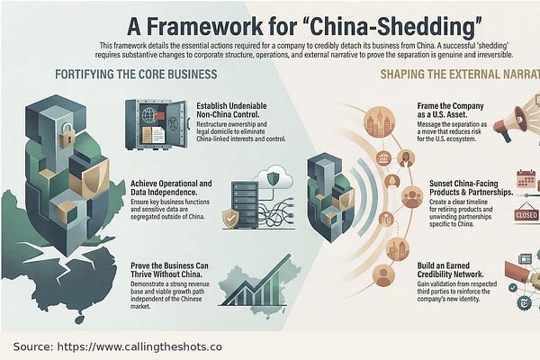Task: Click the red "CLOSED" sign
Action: (526, 215)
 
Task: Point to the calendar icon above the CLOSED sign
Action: (526, 179)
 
